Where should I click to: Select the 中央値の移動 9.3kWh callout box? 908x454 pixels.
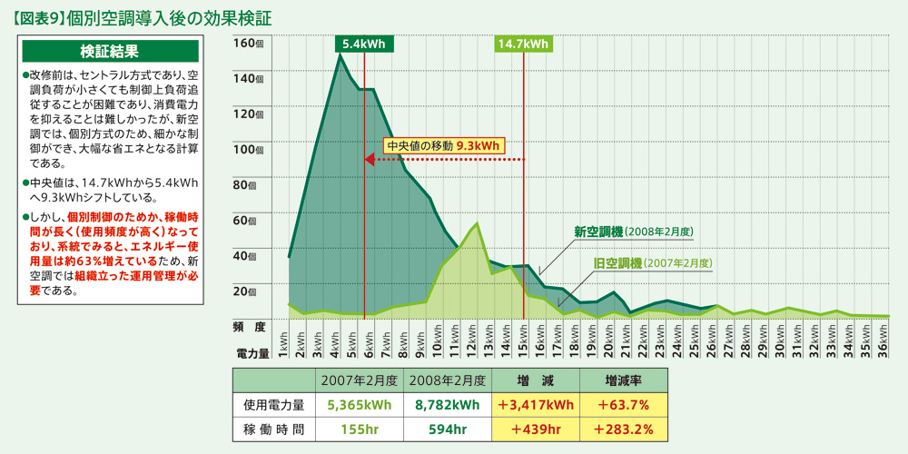(443, 145)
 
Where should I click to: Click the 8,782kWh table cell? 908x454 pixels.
(448, 404)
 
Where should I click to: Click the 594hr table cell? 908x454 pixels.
(448, 429)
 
